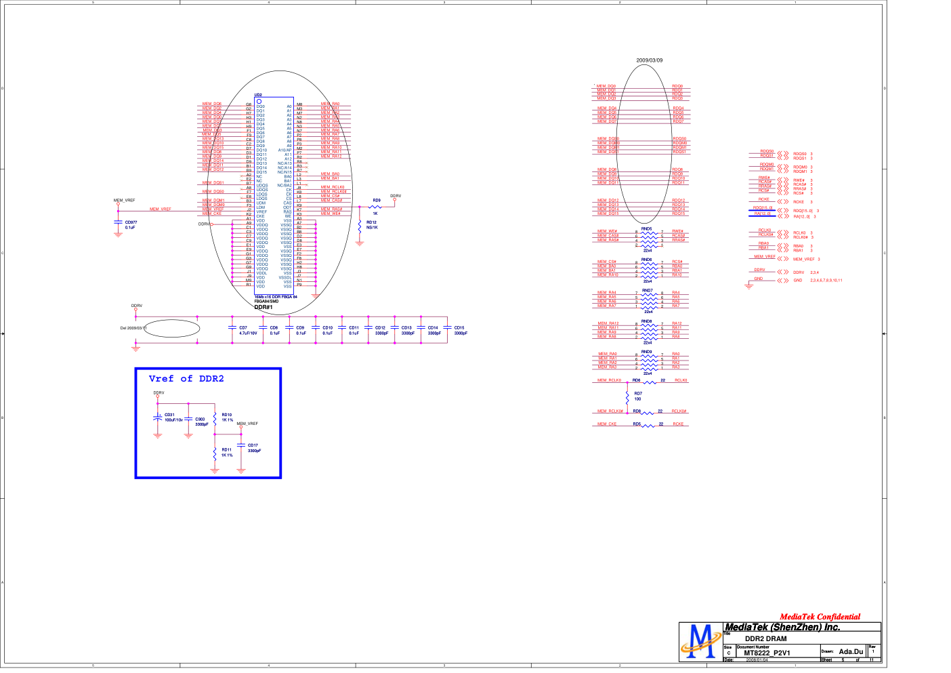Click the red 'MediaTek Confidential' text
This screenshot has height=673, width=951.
[820, 617]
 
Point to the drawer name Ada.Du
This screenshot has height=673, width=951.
[851, 652]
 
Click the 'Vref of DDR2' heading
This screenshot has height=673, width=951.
[186, 379]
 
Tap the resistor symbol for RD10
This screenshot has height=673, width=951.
[215, 417]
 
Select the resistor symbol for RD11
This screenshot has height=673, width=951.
[215, 452]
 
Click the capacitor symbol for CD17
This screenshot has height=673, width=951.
[241, 445]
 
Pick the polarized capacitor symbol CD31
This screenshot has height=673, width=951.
[158, 418]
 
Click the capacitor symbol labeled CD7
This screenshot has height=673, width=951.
[232, 328]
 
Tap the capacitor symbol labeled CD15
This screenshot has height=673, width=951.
[447, 328]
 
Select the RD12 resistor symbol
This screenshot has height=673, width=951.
[360, 226]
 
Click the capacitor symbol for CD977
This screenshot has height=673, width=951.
[118, 223]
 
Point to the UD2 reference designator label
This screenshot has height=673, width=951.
[258, 95]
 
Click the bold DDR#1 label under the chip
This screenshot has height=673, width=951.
[263, 307]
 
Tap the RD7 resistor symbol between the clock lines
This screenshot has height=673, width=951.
[628, 396]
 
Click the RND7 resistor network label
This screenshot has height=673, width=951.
[647, 291]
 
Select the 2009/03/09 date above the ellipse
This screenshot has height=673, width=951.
[649, 60]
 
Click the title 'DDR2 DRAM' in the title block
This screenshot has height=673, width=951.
[765, 638]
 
